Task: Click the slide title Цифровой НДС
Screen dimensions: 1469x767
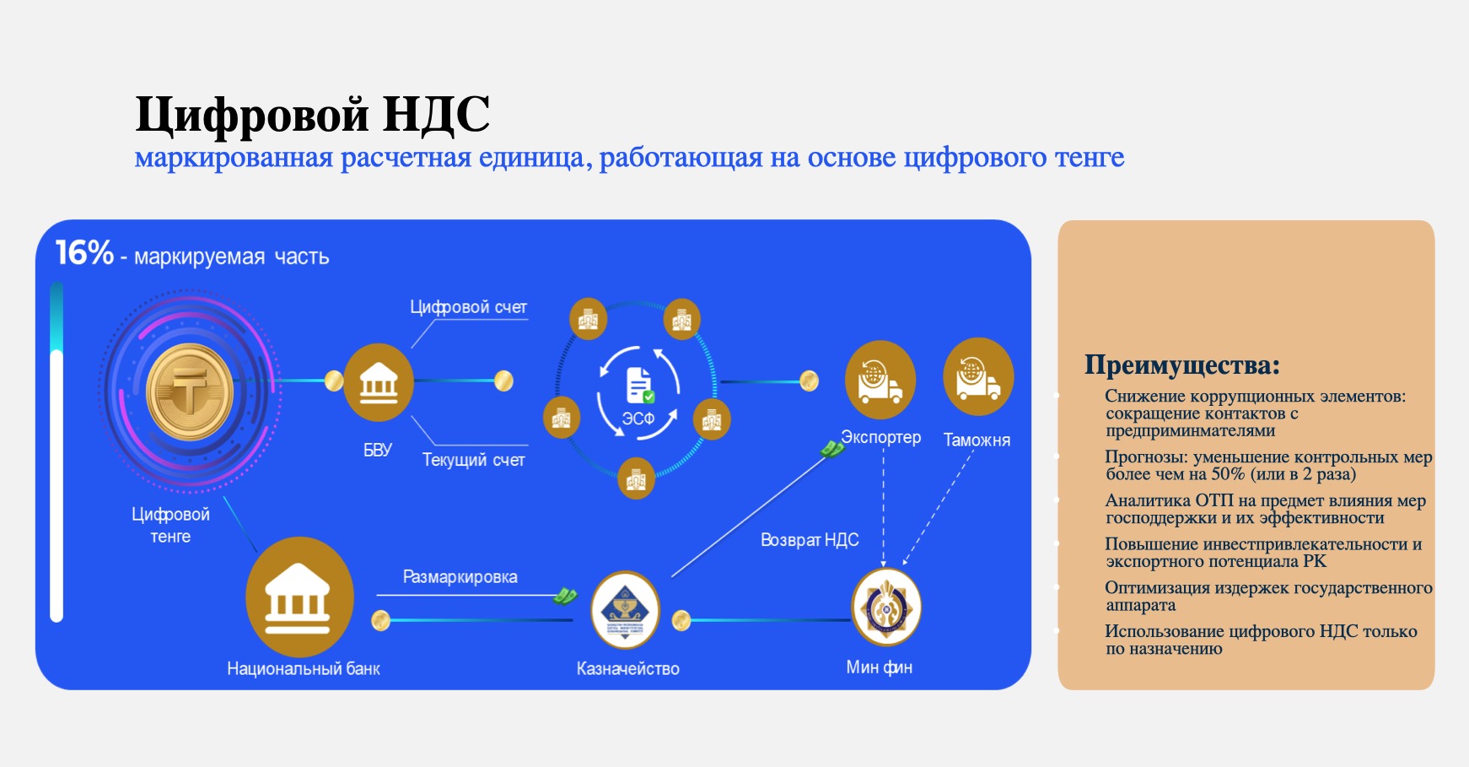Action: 313,115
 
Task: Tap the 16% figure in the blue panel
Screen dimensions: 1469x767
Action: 84,252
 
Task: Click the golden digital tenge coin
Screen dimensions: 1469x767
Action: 190,392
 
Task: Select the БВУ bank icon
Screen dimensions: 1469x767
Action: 379,382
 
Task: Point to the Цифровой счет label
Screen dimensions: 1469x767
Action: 468,307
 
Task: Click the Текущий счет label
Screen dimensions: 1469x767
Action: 473,460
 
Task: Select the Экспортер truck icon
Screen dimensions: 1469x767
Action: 880,380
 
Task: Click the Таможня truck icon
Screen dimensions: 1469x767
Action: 978,377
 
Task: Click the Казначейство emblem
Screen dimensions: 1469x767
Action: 625,610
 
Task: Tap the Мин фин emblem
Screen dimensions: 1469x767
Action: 886,608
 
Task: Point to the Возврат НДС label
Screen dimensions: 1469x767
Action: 810,540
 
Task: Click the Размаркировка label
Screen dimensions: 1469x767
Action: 460,577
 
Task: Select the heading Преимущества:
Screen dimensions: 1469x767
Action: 1182,365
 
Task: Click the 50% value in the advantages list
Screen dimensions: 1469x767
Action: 1229,474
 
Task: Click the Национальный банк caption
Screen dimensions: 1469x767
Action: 304,669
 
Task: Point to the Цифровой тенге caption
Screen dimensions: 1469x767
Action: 170,525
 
